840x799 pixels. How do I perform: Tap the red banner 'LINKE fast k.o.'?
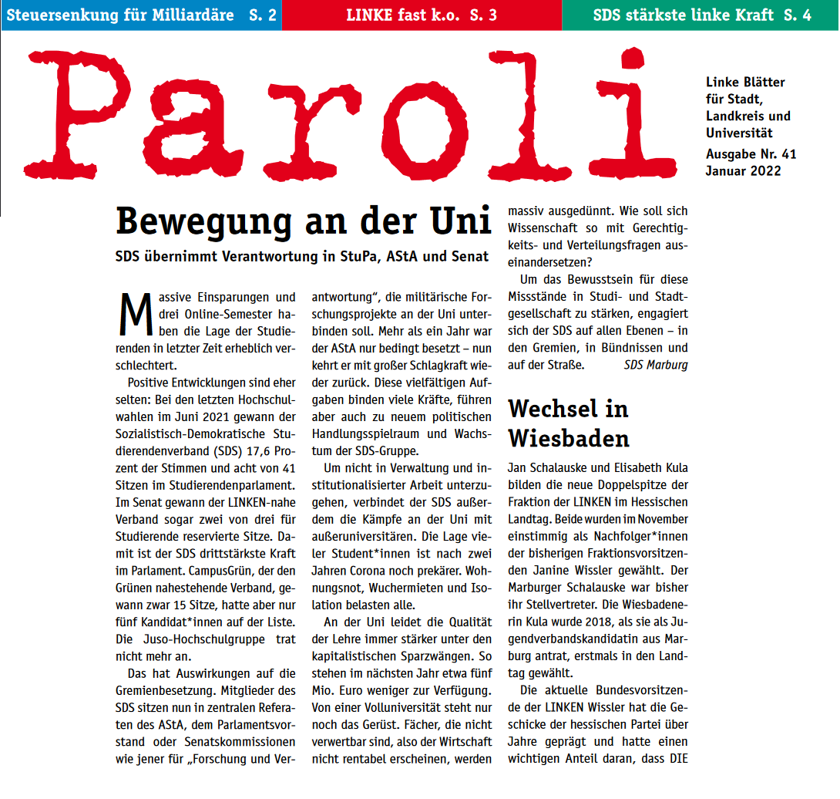click(x=421, y=15)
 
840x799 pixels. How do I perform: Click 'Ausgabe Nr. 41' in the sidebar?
click(x=751, y=154)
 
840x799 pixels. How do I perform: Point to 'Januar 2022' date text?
click(x=743, y=171)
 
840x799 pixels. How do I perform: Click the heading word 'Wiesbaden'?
click(x=568, y=439)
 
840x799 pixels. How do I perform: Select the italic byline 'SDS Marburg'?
click(x=656, y=365)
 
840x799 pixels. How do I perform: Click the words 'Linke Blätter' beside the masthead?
click(x=745, y=82)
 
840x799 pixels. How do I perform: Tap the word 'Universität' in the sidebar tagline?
click(x=739, y=133)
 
